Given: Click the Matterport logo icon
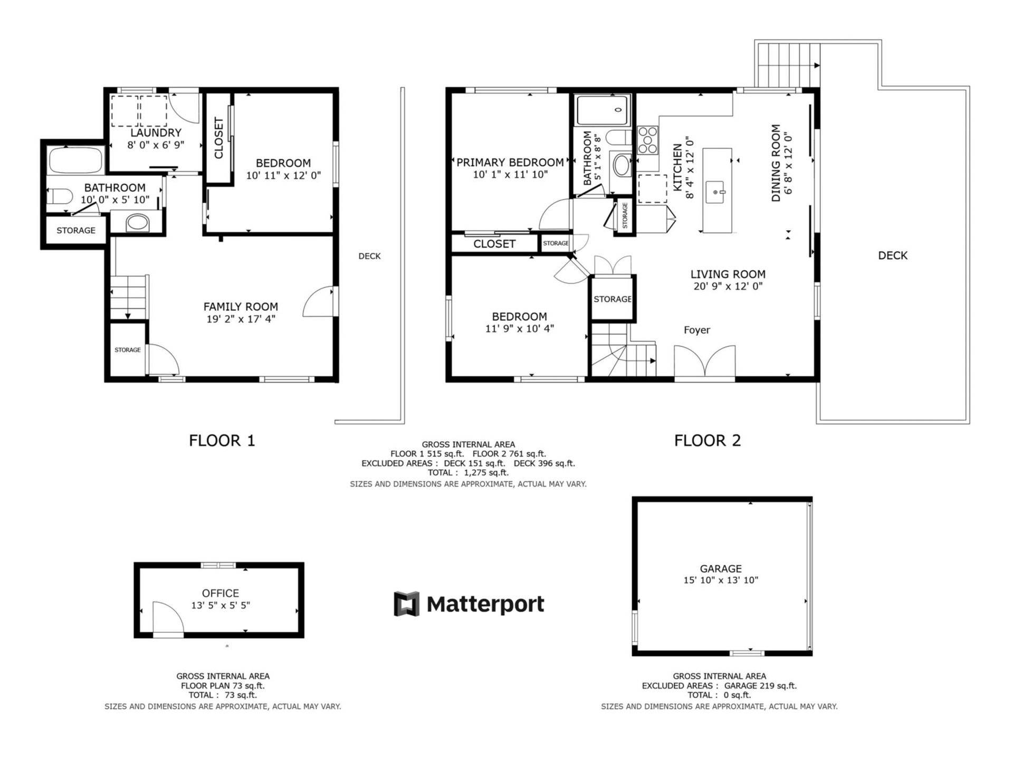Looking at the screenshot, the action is (406, 604).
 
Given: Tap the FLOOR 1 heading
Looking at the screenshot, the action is (222, 441).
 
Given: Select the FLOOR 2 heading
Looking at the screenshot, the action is (708, 441).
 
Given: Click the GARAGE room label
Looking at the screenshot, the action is (721, 568).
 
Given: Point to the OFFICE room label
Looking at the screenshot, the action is (221, 593).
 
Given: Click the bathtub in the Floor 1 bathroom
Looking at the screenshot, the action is (75, 160).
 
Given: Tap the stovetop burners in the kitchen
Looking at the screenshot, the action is (648, 140).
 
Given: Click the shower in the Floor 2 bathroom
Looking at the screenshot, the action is (603, 110).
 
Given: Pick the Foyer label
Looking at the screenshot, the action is (697, 330).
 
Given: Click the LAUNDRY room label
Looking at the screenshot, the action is (156, 133).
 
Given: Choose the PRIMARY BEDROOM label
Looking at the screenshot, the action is (510, 163).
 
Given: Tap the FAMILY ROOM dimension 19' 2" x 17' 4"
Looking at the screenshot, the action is (241, 319).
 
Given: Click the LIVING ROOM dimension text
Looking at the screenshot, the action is (728, 287).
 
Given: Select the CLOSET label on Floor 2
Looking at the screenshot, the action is (494, 244).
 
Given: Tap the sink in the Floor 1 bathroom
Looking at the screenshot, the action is (137, 222).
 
